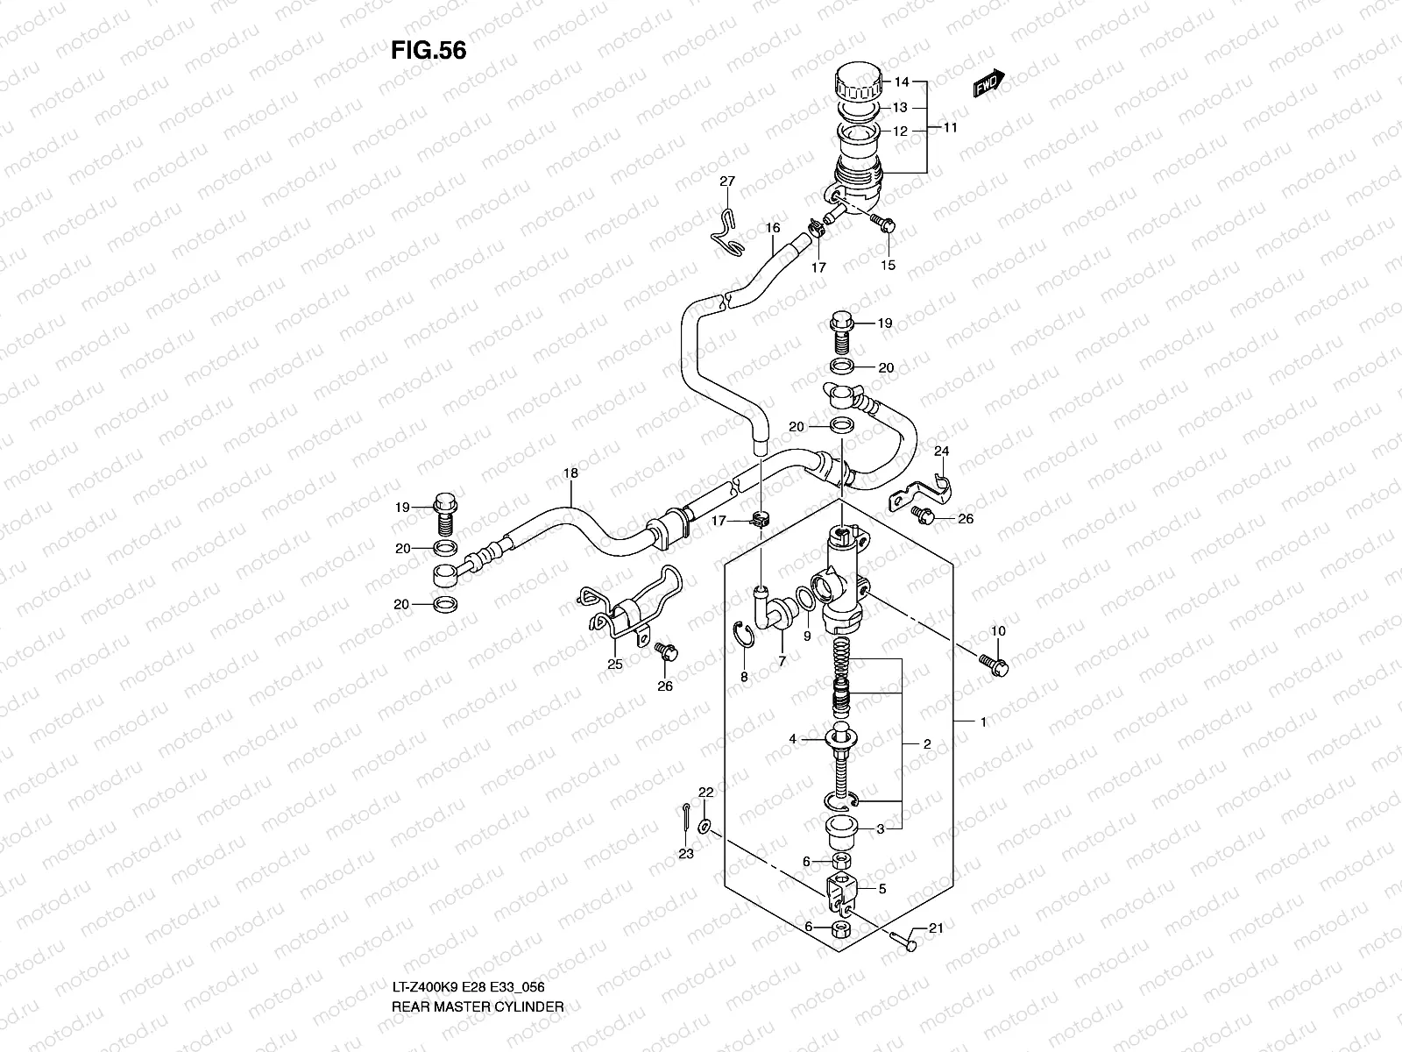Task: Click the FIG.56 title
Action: pos(428,51)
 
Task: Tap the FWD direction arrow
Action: pos(988,84)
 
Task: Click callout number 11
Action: pos(950,127)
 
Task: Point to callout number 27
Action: pos(727,181)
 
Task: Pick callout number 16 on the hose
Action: pos(772,227)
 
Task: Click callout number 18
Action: pos(570,473)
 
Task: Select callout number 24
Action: pos(942,451)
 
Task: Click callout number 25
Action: pos(615,665)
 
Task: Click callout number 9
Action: pos(807,635)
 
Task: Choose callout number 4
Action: pos(792,740)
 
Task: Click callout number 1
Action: pos(983,722)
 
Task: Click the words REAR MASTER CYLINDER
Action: pos(478,957)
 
